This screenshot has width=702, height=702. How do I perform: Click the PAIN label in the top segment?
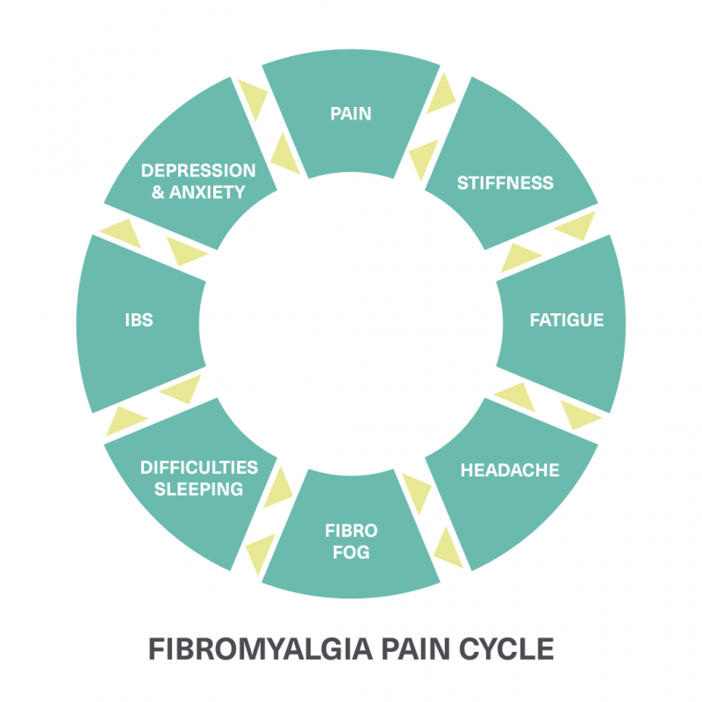[x=351, y=113]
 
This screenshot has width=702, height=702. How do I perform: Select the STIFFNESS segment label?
[x=505, y=183]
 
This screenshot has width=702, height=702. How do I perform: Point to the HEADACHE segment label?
[x=510, y=469]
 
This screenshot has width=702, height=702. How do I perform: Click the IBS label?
[x=139, y=319]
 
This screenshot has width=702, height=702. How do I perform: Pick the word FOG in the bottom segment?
[x=351, y=552]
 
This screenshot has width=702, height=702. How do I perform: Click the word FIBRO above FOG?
[x=351, y=531]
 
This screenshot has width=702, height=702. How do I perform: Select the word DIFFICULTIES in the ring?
[x=199, y=467]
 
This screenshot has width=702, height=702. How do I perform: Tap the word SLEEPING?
[x=199, y=489]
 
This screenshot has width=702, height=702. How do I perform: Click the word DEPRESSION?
[x=199, y=170]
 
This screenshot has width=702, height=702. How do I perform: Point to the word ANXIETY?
[x=208, y=191]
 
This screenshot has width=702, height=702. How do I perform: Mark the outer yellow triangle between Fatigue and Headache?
[x=580, y=414]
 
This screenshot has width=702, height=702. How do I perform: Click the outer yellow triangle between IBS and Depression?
[x=120, y=231]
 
